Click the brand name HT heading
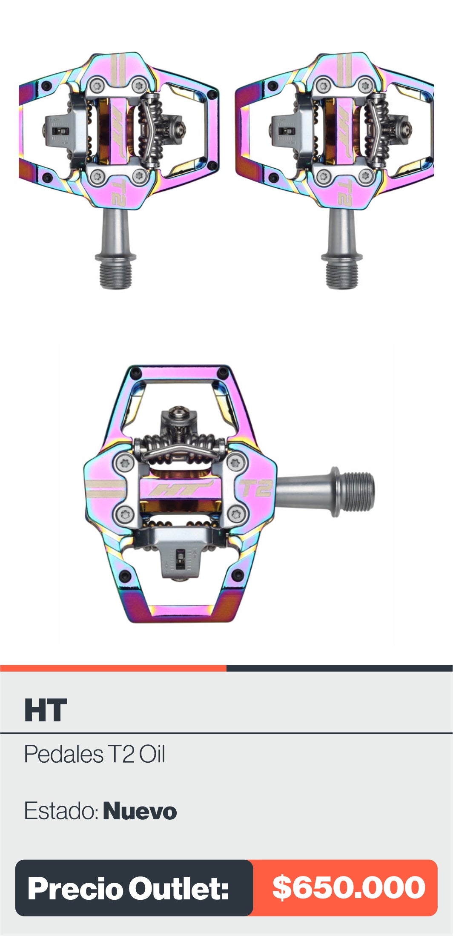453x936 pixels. (46, 710)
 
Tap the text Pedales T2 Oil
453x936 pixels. (95, 754)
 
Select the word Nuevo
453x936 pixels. (140, 811)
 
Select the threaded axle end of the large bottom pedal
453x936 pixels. (361, 492)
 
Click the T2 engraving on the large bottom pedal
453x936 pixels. (256, 488)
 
